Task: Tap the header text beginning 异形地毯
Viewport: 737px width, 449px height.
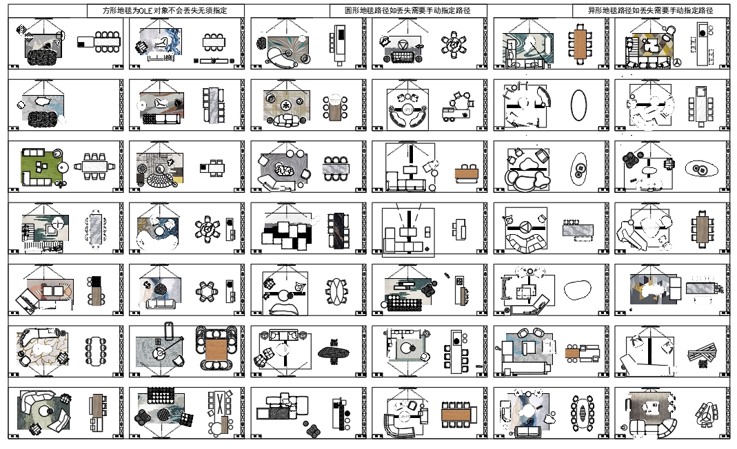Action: coord(649,11)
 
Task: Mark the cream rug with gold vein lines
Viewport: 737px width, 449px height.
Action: coord(43,348)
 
